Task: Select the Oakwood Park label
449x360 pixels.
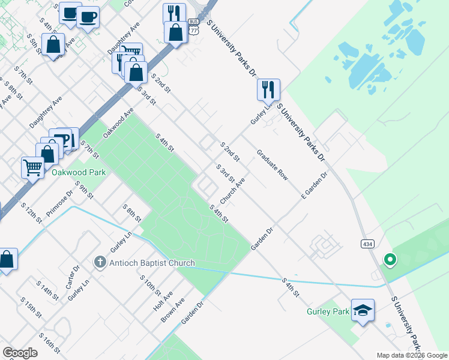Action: pos(79,172)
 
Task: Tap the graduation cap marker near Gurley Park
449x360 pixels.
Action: pos(363,310)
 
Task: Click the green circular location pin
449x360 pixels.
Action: pos(390,260)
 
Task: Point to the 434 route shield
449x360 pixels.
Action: pos(368,244)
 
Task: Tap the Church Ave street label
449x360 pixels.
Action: pos(232,190)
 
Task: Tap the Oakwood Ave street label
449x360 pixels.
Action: pos(118,123)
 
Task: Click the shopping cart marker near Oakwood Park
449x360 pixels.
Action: pos(32,167)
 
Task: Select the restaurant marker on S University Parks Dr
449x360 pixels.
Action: pos(268,89)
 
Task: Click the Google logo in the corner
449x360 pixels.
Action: pos(20,353)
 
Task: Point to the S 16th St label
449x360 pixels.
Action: pos(50,343)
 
